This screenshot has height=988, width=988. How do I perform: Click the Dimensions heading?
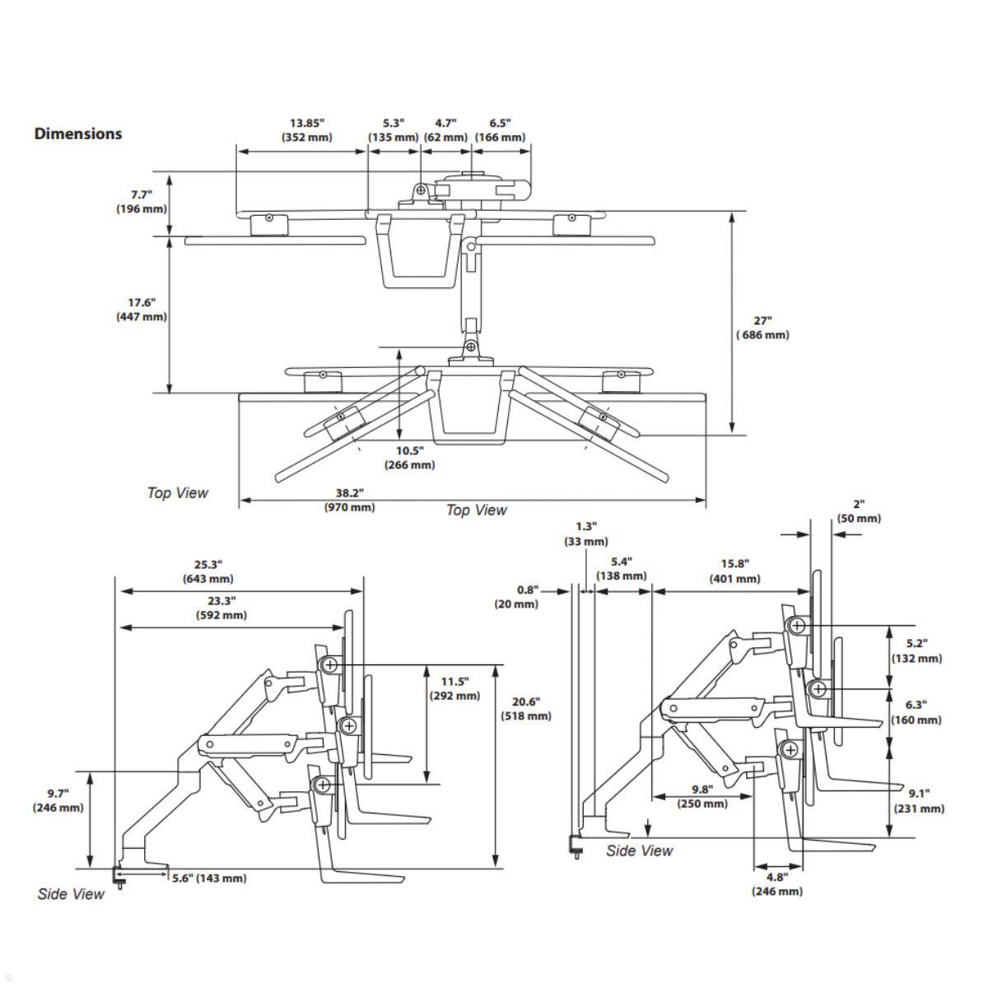coord(78,133)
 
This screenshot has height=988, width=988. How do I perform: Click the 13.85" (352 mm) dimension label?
coord(307,130)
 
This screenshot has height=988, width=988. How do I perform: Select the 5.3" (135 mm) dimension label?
coord(394,130)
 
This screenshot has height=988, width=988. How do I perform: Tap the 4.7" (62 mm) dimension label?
coord(445,130)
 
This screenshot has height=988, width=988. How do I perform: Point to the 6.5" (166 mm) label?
coord(500,130)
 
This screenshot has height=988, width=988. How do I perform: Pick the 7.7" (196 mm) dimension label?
coord(141,202)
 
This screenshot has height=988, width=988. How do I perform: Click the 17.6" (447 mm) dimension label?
coord(141,310)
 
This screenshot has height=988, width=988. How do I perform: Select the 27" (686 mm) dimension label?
coord(762,328)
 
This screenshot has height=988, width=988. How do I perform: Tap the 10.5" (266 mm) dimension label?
coord(409,458)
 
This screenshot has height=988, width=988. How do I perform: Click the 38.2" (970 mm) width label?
coord(349,500)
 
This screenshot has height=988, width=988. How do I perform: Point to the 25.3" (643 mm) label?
coord(208,571)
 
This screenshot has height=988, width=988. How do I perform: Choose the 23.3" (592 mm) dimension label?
coord(221,608)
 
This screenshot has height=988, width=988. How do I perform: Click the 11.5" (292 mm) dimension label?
coord(454,688)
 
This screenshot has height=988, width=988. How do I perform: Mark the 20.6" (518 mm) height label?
coord(526,709)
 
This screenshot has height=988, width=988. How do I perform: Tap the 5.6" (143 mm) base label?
coord(209,878)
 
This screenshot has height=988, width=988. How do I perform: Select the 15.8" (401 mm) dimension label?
coord(734,571)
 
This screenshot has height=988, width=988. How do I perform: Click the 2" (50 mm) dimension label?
coord(859,511)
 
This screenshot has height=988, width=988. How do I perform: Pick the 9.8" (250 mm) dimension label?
coord(701,796)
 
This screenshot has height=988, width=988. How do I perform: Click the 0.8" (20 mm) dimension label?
coord(516,597)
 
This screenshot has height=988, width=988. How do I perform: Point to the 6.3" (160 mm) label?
coord(916,712)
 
